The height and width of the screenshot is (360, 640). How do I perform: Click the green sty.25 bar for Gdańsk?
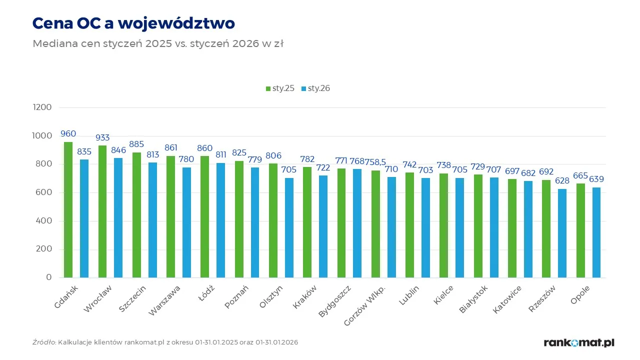pos(68,210)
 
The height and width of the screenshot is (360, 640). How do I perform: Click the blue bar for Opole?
pos(596,232)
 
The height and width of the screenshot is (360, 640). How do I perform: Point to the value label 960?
pos(68,134)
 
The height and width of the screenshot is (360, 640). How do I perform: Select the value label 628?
pos(562,180)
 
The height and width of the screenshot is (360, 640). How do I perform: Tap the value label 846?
pos(118,150)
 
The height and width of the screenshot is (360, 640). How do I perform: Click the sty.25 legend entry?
pos(279,88)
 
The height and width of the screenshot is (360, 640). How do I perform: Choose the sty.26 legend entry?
pos(315,88)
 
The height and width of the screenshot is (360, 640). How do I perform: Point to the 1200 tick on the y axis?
pos(41,107)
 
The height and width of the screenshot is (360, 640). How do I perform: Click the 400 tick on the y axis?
pos(44,221)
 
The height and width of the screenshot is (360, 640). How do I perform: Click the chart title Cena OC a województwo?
pos(133,23)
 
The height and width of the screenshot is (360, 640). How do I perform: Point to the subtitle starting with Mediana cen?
pos(158,43)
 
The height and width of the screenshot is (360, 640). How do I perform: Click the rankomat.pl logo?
pos(579,342)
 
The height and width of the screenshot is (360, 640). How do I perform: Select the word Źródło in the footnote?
pos(43,342)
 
